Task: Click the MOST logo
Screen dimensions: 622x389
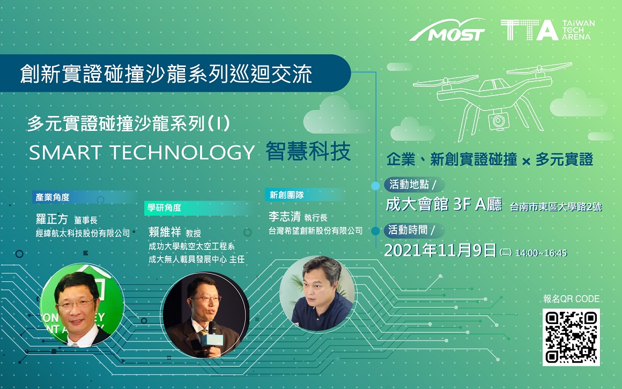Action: click(447, 30)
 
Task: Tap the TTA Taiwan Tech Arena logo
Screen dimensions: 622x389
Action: click(548, 30)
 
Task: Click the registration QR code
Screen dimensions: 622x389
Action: click(571, 337)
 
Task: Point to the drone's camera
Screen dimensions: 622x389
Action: click(498, 120)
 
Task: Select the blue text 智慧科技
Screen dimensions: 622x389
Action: click(308, 151)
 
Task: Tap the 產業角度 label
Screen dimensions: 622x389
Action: click(53, 197)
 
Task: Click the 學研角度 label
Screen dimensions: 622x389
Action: click(164, 208)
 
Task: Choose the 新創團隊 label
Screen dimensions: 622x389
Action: click(286, 195)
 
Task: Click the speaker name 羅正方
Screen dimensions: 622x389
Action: click(51, 219)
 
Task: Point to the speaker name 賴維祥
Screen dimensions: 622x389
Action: click(165, 232)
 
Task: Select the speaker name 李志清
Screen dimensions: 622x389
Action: click(284, 216)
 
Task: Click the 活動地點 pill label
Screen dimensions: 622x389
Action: click(413, 185)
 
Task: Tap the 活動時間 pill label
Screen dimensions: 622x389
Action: click(412, 230)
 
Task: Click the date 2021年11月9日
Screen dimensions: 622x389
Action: click(440, 250)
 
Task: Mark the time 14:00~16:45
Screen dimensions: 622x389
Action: click(541, 253)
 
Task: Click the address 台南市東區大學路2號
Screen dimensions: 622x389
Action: click(556, 207)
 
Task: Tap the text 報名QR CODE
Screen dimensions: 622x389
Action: click(571, 299)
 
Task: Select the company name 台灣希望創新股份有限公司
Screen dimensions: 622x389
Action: click(315, 231)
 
